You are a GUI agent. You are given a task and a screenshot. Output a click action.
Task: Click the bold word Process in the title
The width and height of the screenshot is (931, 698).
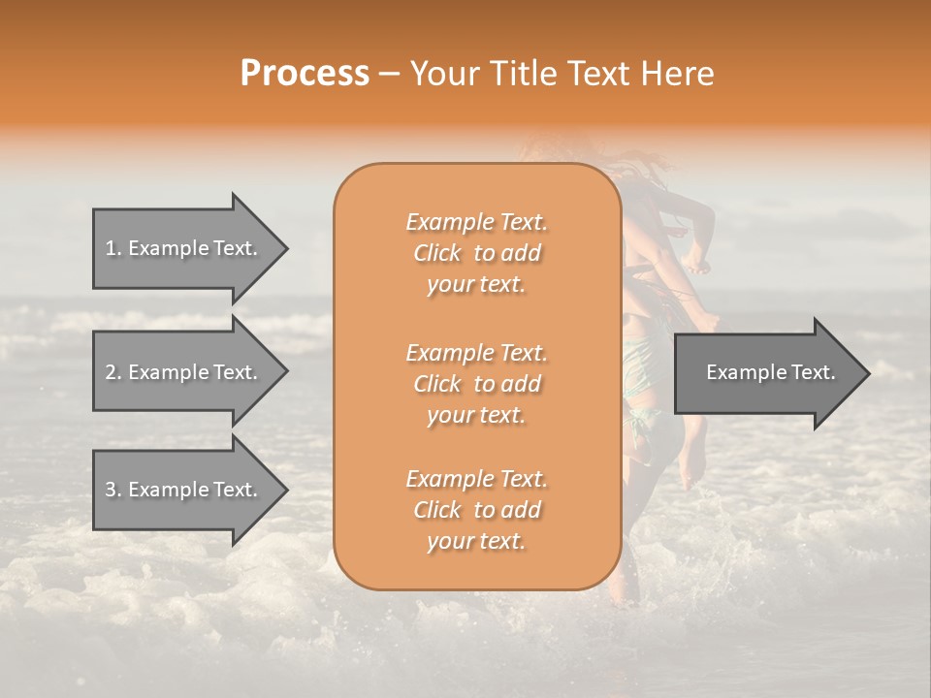pos(305,74)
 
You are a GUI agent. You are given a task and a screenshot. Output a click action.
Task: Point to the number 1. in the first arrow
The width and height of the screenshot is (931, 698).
pos(113,248)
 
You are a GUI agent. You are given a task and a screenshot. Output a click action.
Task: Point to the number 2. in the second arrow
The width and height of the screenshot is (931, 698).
pos(113,372)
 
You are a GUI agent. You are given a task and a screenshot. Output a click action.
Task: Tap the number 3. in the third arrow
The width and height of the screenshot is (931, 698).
pos(113,490)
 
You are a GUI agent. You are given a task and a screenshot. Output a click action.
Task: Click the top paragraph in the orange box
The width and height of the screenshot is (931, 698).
pos(476,253)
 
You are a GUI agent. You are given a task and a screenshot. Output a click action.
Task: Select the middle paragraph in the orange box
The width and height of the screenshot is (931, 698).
pos(476,383)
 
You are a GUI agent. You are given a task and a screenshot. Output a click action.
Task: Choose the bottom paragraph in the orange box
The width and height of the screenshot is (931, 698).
pos(476,510)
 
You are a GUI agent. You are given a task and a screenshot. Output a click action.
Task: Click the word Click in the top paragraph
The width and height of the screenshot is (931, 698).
pos(437,253)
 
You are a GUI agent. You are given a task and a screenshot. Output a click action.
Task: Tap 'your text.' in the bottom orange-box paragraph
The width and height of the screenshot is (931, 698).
pos(476,542)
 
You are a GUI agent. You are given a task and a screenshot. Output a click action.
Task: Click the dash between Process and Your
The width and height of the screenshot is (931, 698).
pos(390,75)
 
